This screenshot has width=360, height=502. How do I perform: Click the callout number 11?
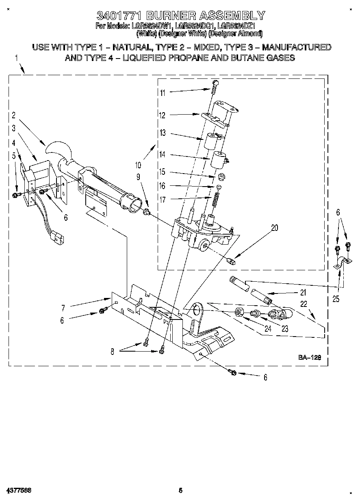163,93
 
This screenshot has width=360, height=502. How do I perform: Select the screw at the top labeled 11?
215,83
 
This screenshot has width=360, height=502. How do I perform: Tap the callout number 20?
275,228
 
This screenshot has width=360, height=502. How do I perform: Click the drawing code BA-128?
310,358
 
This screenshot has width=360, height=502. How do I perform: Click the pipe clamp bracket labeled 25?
340,263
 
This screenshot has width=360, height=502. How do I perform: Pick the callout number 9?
138,176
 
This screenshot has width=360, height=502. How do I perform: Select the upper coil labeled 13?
212,142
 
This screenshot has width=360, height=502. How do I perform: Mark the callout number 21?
303,292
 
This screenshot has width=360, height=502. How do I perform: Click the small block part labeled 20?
232,261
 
